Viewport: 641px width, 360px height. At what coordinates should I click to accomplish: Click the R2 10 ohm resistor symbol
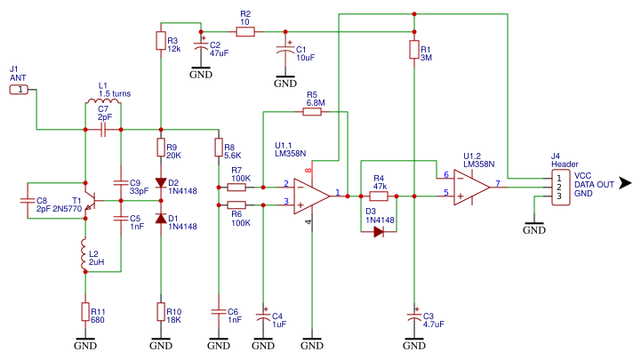[x=245, y=31]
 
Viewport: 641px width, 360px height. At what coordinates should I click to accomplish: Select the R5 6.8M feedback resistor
[x=312, y=111]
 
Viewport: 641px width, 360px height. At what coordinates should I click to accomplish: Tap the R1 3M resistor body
[x=414, y=50]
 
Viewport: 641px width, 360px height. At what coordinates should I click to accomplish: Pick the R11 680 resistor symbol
[x=85, y=312]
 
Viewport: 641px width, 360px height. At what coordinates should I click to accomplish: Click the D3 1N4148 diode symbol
[x=379, y=232]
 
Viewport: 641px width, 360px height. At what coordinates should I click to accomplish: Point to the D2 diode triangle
[x=161, y=182]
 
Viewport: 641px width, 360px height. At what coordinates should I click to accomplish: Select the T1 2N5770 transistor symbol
[x=90, y=200]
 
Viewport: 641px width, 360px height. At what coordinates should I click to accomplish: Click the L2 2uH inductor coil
[x=84, y=254]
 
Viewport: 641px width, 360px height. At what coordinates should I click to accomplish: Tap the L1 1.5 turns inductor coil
[x=103, y=101]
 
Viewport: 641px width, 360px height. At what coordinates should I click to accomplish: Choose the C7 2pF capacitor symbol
[x=103, y=130]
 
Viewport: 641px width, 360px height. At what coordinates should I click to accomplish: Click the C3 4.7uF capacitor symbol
[x=414, y=316]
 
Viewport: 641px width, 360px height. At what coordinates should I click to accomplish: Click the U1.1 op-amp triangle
[x=311, y=196]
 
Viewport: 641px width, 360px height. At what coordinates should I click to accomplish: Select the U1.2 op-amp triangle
[x=472, y=188]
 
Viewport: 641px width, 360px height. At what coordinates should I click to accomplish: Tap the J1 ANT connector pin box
[x=19, y=90]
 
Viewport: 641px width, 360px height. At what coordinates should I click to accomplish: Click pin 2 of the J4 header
[x=559, y=188]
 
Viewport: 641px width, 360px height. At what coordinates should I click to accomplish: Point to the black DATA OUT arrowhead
[x=625, y=183]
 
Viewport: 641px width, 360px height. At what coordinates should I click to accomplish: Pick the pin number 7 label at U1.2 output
[x=498, y=183]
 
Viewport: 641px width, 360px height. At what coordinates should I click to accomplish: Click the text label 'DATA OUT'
[x=594, y=184]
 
